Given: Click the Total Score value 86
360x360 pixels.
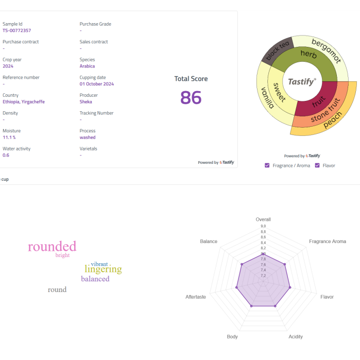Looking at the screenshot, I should click(191, 97).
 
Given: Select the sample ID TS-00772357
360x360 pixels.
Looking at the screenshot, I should click(16, 30).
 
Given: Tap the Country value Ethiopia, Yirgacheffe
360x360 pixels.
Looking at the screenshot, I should click(24, 102).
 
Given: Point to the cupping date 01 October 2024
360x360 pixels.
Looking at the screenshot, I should click(97, 84).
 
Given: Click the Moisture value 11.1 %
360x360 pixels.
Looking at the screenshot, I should click(9, 138).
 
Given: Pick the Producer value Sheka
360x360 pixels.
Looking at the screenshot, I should click(86, 102).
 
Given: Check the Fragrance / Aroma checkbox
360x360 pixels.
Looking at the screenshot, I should click(267, 165).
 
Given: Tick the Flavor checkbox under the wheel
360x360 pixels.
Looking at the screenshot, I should click(317, 165).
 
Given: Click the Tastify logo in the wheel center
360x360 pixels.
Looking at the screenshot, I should click(302, 82).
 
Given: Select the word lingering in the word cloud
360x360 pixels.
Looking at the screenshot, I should click(104, 269).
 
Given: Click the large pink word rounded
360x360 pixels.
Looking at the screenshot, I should click(52, 246).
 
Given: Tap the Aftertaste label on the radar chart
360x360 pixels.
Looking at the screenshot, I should click(196, 297).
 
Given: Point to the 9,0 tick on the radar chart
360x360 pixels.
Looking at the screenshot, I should click(263, 226).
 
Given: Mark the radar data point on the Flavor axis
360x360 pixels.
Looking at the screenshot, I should click(290, 287).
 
